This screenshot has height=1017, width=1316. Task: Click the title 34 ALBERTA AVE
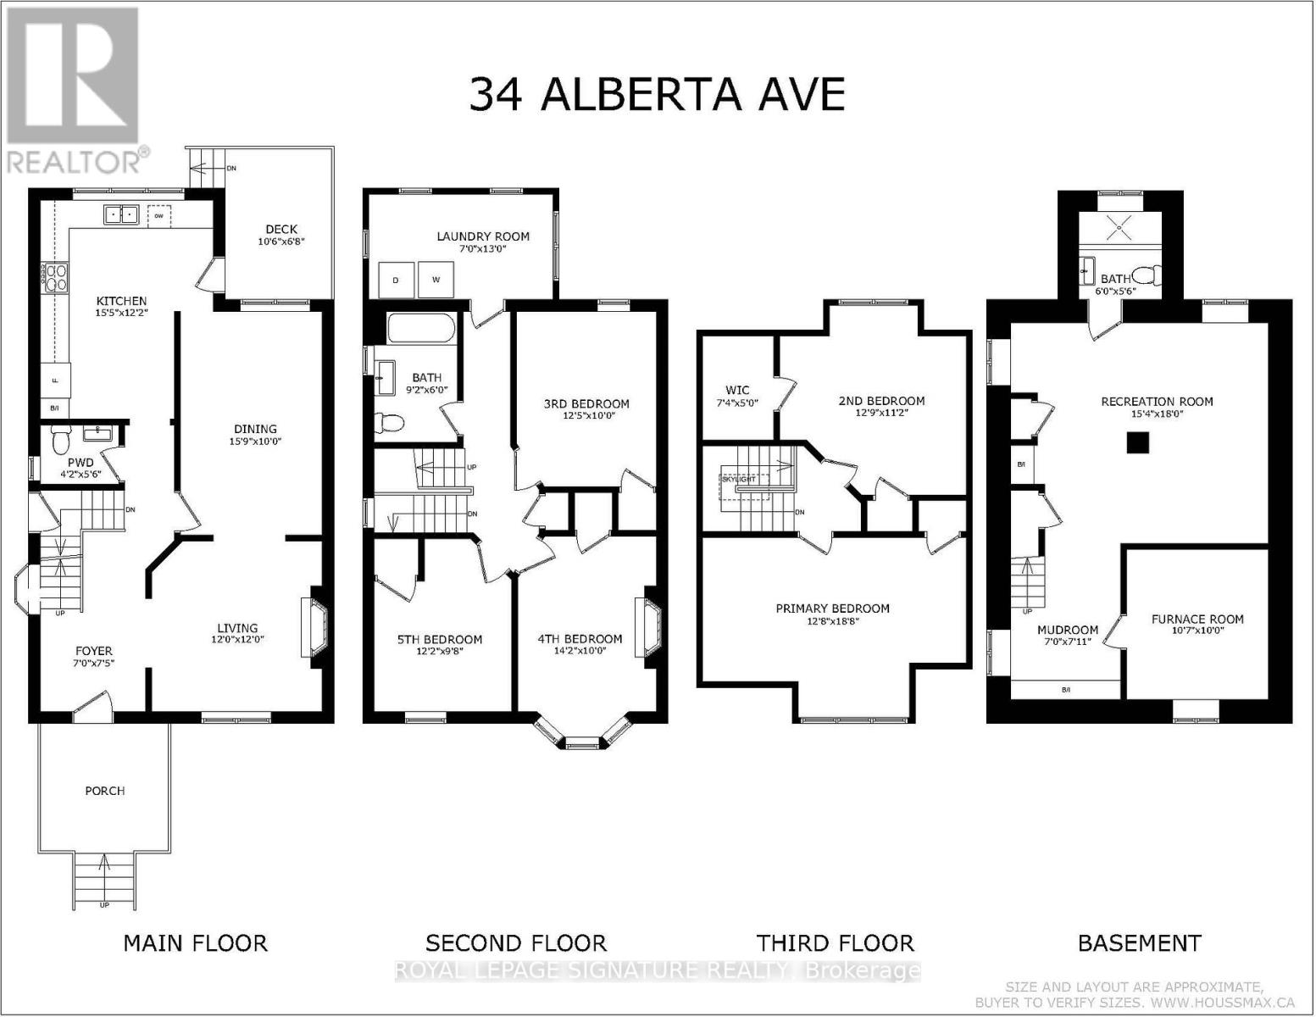tap(657, 94)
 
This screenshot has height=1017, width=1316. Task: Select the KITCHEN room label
tap(121, 301)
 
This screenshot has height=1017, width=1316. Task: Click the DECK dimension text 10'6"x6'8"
tap(281, 242)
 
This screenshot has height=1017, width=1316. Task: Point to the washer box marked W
tap(436, 280)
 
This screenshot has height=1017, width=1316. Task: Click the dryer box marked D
tap(396, 280)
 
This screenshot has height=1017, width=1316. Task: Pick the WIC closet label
tap(737, 391)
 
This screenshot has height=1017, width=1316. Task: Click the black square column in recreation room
tap(1137, 442)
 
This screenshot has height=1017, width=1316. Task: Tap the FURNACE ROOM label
tap(1197, 619)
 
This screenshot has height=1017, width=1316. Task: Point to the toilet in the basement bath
tap(1149, 274)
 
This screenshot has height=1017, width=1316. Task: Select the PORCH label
tap(104, 791)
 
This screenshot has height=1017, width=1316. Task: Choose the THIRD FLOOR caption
tap(835, 943)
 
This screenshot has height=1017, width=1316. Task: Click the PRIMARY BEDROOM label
tap(832, 609)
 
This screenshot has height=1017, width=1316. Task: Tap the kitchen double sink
tap(122, 214)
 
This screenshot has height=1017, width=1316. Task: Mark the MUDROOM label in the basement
tap(1067, 630)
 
